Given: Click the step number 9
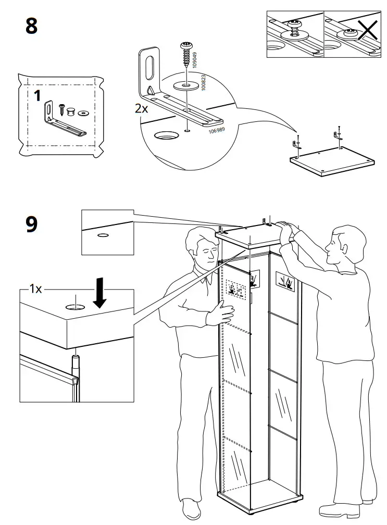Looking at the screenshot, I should click(x=32, y=224).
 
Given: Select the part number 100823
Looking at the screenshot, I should click(x=204, y=82).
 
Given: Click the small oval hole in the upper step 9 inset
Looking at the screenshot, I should click(x=103, y=235).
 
